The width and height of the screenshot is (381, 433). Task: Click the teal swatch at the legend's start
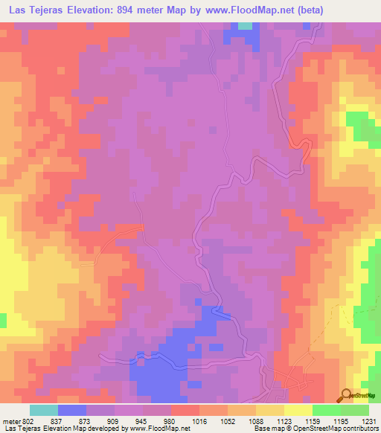point(44,410)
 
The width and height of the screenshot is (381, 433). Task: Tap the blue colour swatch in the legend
point(72,410)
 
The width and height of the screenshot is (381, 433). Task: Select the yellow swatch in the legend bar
point(298,410)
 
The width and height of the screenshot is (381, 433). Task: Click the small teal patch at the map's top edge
point(244,26)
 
